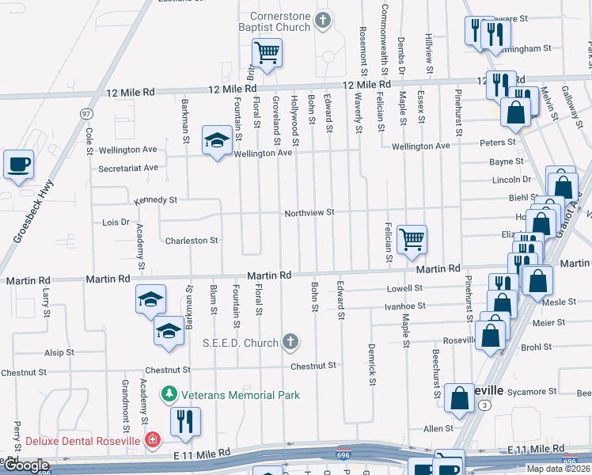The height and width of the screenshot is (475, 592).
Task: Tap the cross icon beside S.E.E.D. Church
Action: (x=290, y=342)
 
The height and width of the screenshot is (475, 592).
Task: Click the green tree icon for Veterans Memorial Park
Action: (x=169, y=393)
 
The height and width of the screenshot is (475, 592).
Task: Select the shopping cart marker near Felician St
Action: (x=412, y=239)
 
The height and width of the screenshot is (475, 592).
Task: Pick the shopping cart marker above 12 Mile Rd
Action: (x=267, y=55)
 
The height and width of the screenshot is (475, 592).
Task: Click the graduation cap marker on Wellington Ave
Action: (x=217, y=141)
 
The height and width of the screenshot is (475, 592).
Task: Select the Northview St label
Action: (x=310, y=213)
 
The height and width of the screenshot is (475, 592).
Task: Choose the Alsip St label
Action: (x=59, y=352)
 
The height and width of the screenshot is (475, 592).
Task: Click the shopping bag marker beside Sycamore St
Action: (x=460, y=398)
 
